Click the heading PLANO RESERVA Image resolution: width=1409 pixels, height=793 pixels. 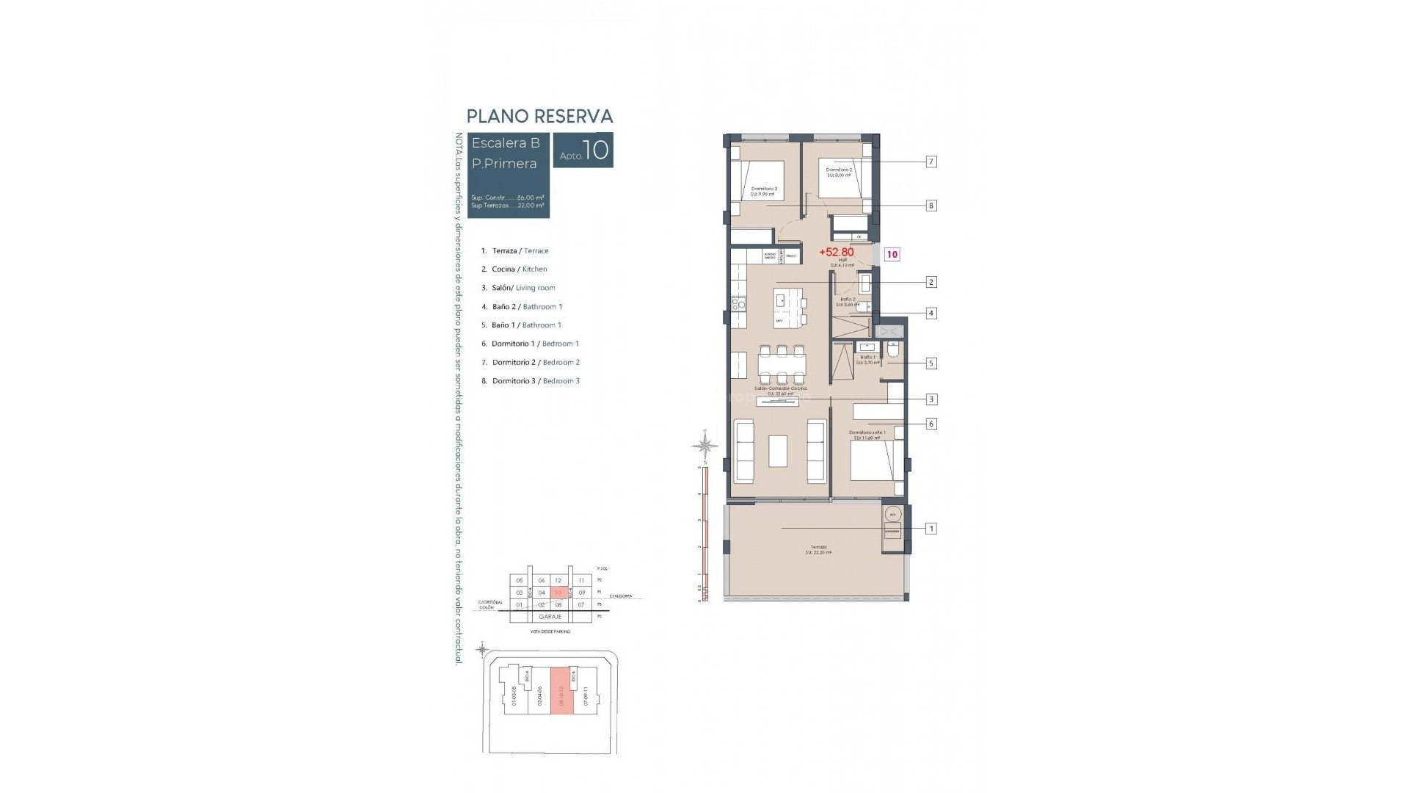(539, 116)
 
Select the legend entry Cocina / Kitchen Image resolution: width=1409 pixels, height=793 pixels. (520, 269)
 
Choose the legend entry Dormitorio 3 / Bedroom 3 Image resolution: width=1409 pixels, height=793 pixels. (536, 381)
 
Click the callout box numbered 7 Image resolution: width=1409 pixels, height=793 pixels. (931, 162)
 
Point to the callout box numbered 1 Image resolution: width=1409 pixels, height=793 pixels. (931, 529)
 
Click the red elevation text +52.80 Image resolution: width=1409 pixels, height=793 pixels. (837, 253)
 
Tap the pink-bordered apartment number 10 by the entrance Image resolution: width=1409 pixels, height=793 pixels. (892, 255)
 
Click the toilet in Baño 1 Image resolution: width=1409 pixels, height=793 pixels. (893, 350)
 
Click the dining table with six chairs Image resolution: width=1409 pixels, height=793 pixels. (782, 364)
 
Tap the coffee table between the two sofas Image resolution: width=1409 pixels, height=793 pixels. (778, 451)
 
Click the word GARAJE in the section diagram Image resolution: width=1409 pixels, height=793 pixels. (550, 617)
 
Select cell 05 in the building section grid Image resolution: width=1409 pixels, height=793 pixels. (519, 580)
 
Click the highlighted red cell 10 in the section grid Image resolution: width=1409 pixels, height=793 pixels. (558, 592)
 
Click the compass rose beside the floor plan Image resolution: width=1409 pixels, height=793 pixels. (705, 445)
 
